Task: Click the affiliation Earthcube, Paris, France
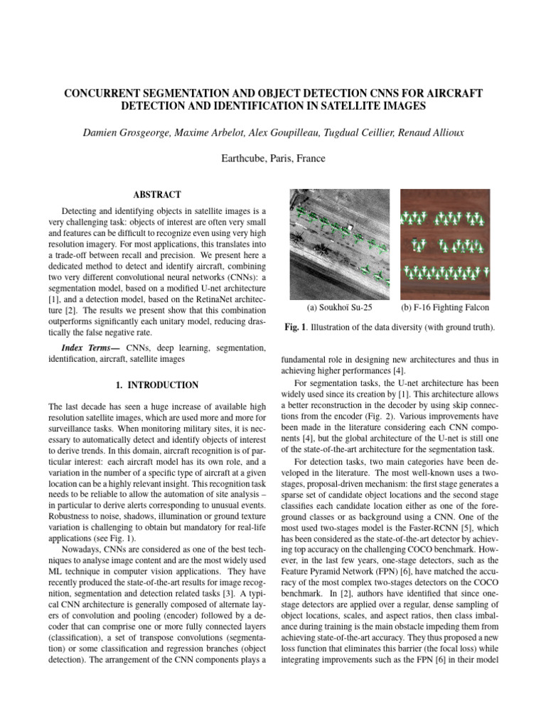click(273, 159)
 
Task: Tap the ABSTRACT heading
click(157, 195)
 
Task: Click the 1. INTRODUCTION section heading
click(157, 385)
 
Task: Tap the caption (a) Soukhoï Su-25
click(339, 308)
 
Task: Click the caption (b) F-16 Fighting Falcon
click(445, 308)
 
